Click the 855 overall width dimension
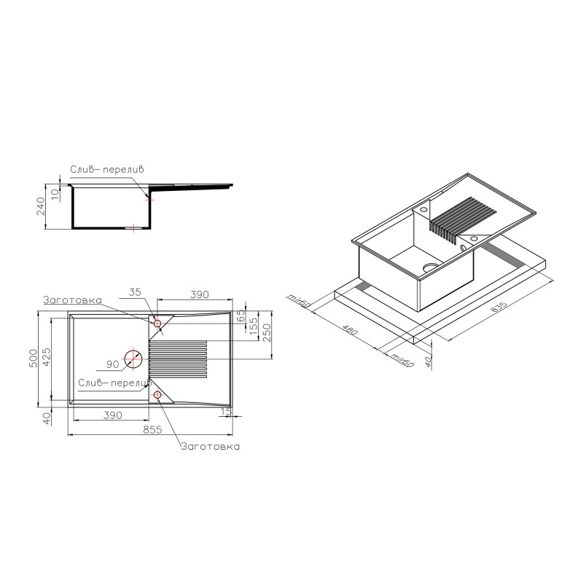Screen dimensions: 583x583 click(152, 429)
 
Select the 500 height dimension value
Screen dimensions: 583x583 click(34, 359)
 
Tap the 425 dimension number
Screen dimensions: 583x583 click(46, 357)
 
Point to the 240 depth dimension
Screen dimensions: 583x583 click(40, 206)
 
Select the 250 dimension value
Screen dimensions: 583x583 click(267, 333)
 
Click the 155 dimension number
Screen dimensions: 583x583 click(254, 326)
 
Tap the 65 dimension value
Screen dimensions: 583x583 click(241, 316)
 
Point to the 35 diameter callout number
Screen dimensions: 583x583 click(136, 292)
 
